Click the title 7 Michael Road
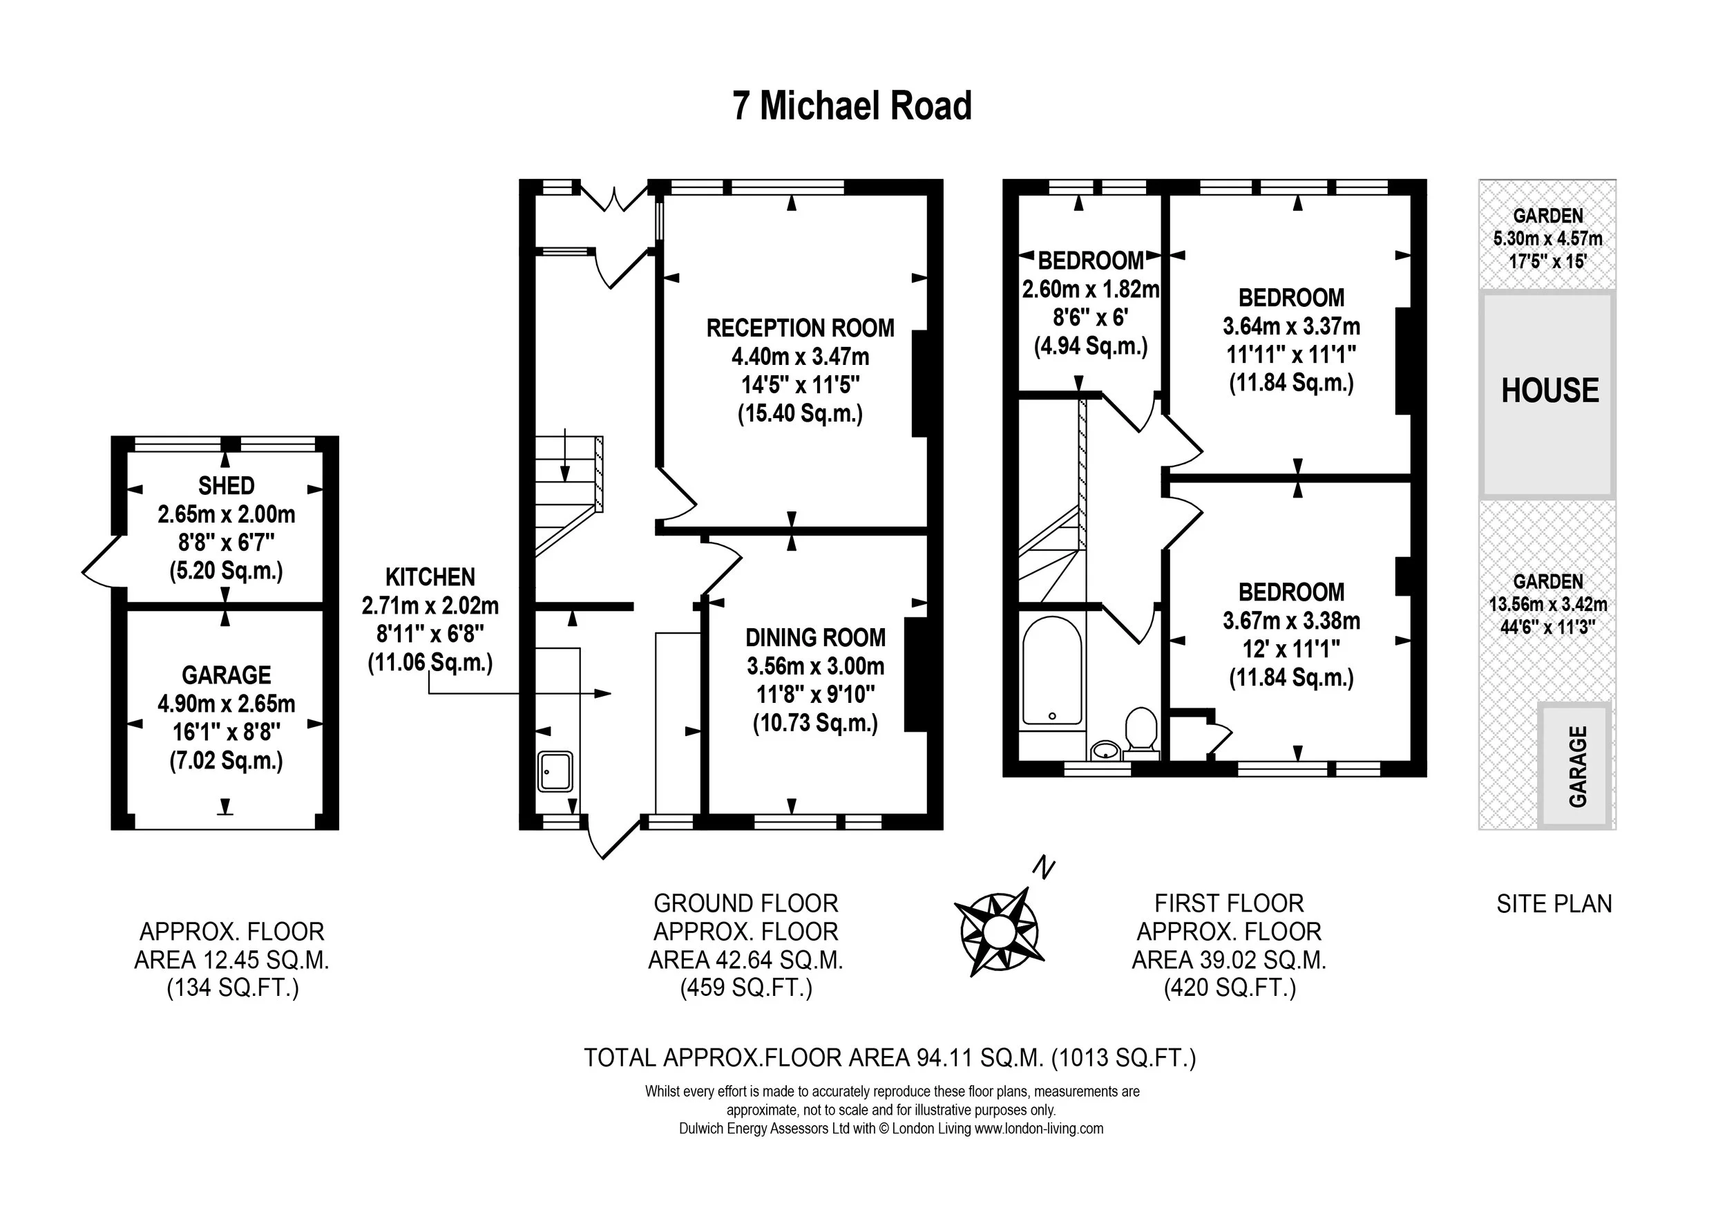pyautogui.click(x=852, y=106)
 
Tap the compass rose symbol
pyautogui.click(x=999, y=932)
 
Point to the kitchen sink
pyautogui.click(x=556, y=771)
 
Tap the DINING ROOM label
pyautogui.click(x=814, y=638)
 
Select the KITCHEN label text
pyautogui.click(x=430, y=577)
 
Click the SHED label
pyautogui.click(x=226, y=485)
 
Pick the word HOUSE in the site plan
pyautogui.click(x=1549, y=391)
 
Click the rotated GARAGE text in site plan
pyautogui.click(x=1577, y=766)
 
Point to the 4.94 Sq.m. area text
pyautogui.click(x=1090, y=347)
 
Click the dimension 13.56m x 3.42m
pyautogui.click(x=1547, y=604)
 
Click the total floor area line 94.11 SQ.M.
pyautogui.click(x=889, y=1058)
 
